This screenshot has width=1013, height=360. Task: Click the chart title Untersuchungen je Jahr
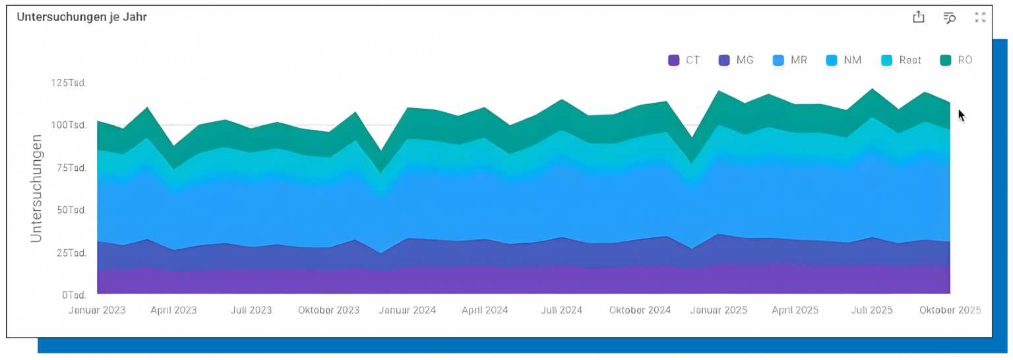pos(82,17)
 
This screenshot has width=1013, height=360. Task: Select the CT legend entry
pos(685,60)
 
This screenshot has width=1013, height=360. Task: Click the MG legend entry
pos(736,60)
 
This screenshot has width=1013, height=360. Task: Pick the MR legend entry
pos(790,60)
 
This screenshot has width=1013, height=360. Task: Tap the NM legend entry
pos(844,60)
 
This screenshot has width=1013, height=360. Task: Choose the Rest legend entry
pos(902,60)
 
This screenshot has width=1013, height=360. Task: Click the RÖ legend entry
pos(956,60)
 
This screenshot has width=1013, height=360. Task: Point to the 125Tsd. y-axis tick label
pos(69,83)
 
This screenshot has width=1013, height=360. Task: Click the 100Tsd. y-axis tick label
pos(69,125)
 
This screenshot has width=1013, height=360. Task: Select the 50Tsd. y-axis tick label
pos(71,210)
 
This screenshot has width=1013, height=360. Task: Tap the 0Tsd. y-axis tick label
pos(74,295)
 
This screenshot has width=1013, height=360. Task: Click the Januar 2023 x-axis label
pos(98,310)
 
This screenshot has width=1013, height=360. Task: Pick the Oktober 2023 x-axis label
pos(328,310)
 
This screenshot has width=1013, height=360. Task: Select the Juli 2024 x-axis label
pos(562,310)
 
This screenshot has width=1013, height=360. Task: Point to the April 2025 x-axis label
pos(795,310)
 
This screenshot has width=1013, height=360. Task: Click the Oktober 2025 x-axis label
pos(950,310)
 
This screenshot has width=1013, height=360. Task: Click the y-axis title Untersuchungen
pos(37,188)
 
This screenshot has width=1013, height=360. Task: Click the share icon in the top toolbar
pos(919,18)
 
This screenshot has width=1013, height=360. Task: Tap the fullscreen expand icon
pos(980,18)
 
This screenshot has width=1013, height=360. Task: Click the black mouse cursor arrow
pos(961,115)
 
